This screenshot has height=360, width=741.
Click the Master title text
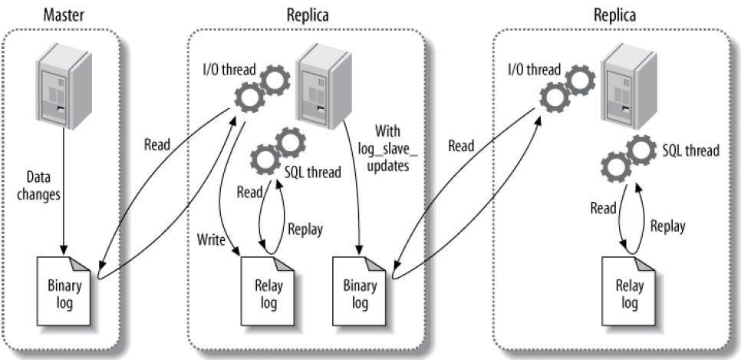tap(64, 15)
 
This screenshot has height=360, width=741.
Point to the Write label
tap(212, 241)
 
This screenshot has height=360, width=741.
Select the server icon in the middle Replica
tap(319, 85)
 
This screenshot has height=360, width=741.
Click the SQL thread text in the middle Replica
tap(313, 172)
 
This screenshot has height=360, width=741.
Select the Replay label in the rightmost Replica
tap(667, 226)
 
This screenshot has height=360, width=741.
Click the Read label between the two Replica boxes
tap(460, 145)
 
